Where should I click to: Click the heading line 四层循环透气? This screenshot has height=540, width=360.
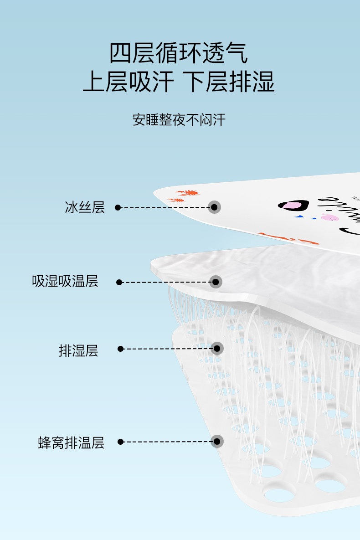(179, 53)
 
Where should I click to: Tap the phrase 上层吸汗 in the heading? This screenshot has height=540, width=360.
(129, 82)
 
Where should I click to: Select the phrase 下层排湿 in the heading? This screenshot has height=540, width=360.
(229, 82)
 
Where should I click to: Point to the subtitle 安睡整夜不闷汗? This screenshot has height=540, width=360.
(179, 120)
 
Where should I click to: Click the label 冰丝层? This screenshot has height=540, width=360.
(85, 207)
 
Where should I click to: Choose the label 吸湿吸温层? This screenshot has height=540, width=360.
(65, 281)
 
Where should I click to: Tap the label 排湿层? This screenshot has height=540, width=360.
(78, 350)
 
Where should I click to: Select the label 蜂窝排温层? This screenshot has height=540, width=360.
(71, 442)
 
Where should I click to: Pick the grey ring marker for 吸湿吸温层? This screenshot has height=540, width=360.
(216, 282)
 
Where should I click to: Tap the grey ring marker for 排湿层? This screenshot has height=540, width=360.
(217, 349)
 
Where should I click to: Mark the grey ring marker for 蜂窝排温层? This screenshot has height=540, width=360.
(217, 441)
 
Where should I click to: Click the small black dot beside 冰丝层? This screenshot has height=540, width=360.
(118, 208)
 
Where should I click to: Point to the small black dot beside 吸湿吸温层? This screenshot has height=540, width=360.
(119, 283)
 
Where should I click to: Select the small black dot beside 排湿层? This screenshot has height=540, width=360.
(121, 349)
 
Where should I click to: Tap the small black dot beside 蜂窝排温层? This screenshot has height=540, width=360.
(121, 442)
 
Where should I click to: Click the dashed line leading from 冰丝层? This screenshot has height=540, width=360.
(164, 207)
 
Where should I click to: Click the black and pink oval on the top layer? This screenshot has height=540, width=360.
(293, 206)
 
